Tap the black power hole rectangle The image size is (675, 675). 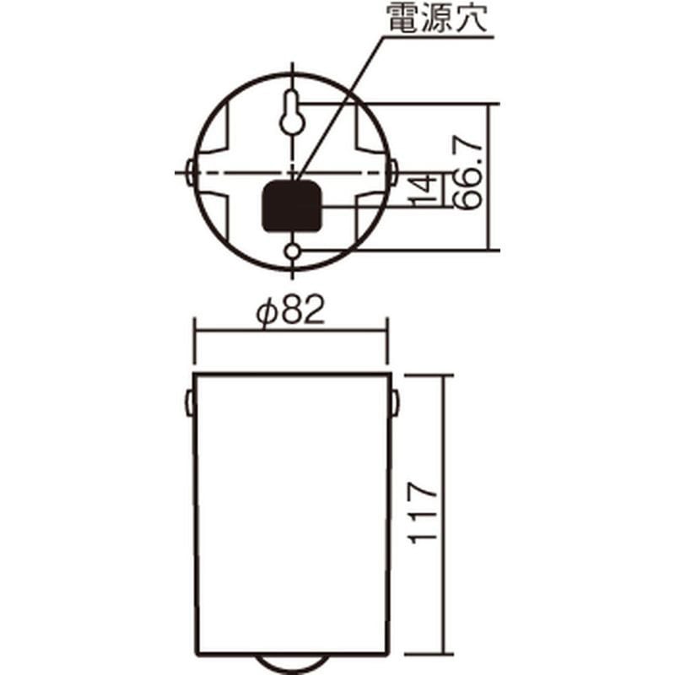pyautogui.click(x=292, y=206)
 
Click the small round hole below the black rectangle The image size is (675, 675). pyautogui.click(x=292, y=251)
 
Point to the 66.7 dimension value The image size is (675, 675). pyautogui.click(x=469, y=177)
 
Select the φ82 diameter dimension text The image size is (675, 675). pyautogui.click(x=290, y=314)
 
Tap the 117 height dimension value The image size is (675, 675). pyautogui.click(x=423, y=512)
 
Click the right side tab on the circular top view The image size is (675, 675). pyautogui.click(x=393, y=173)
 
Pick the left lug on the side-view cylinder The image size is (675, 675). pyautogui.click(x=189, y=402)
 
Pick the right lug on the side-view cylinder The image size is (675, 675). pyautogui.click(x=395, y=402)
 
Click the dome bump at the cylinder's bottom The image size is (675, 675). pyautogui.click(x=292, y=664)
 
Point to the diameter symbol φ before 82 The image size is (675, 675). pyautogui.click(x=266, y=314)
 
